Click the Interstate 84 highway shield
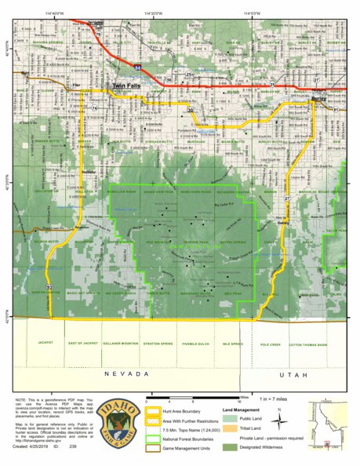point(136,69)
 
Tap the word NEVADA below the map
point(124,375)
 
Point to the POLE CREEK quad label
point(271,343)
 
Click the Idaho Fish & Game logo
point(125,424)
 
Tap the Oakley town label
point(283,222)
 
